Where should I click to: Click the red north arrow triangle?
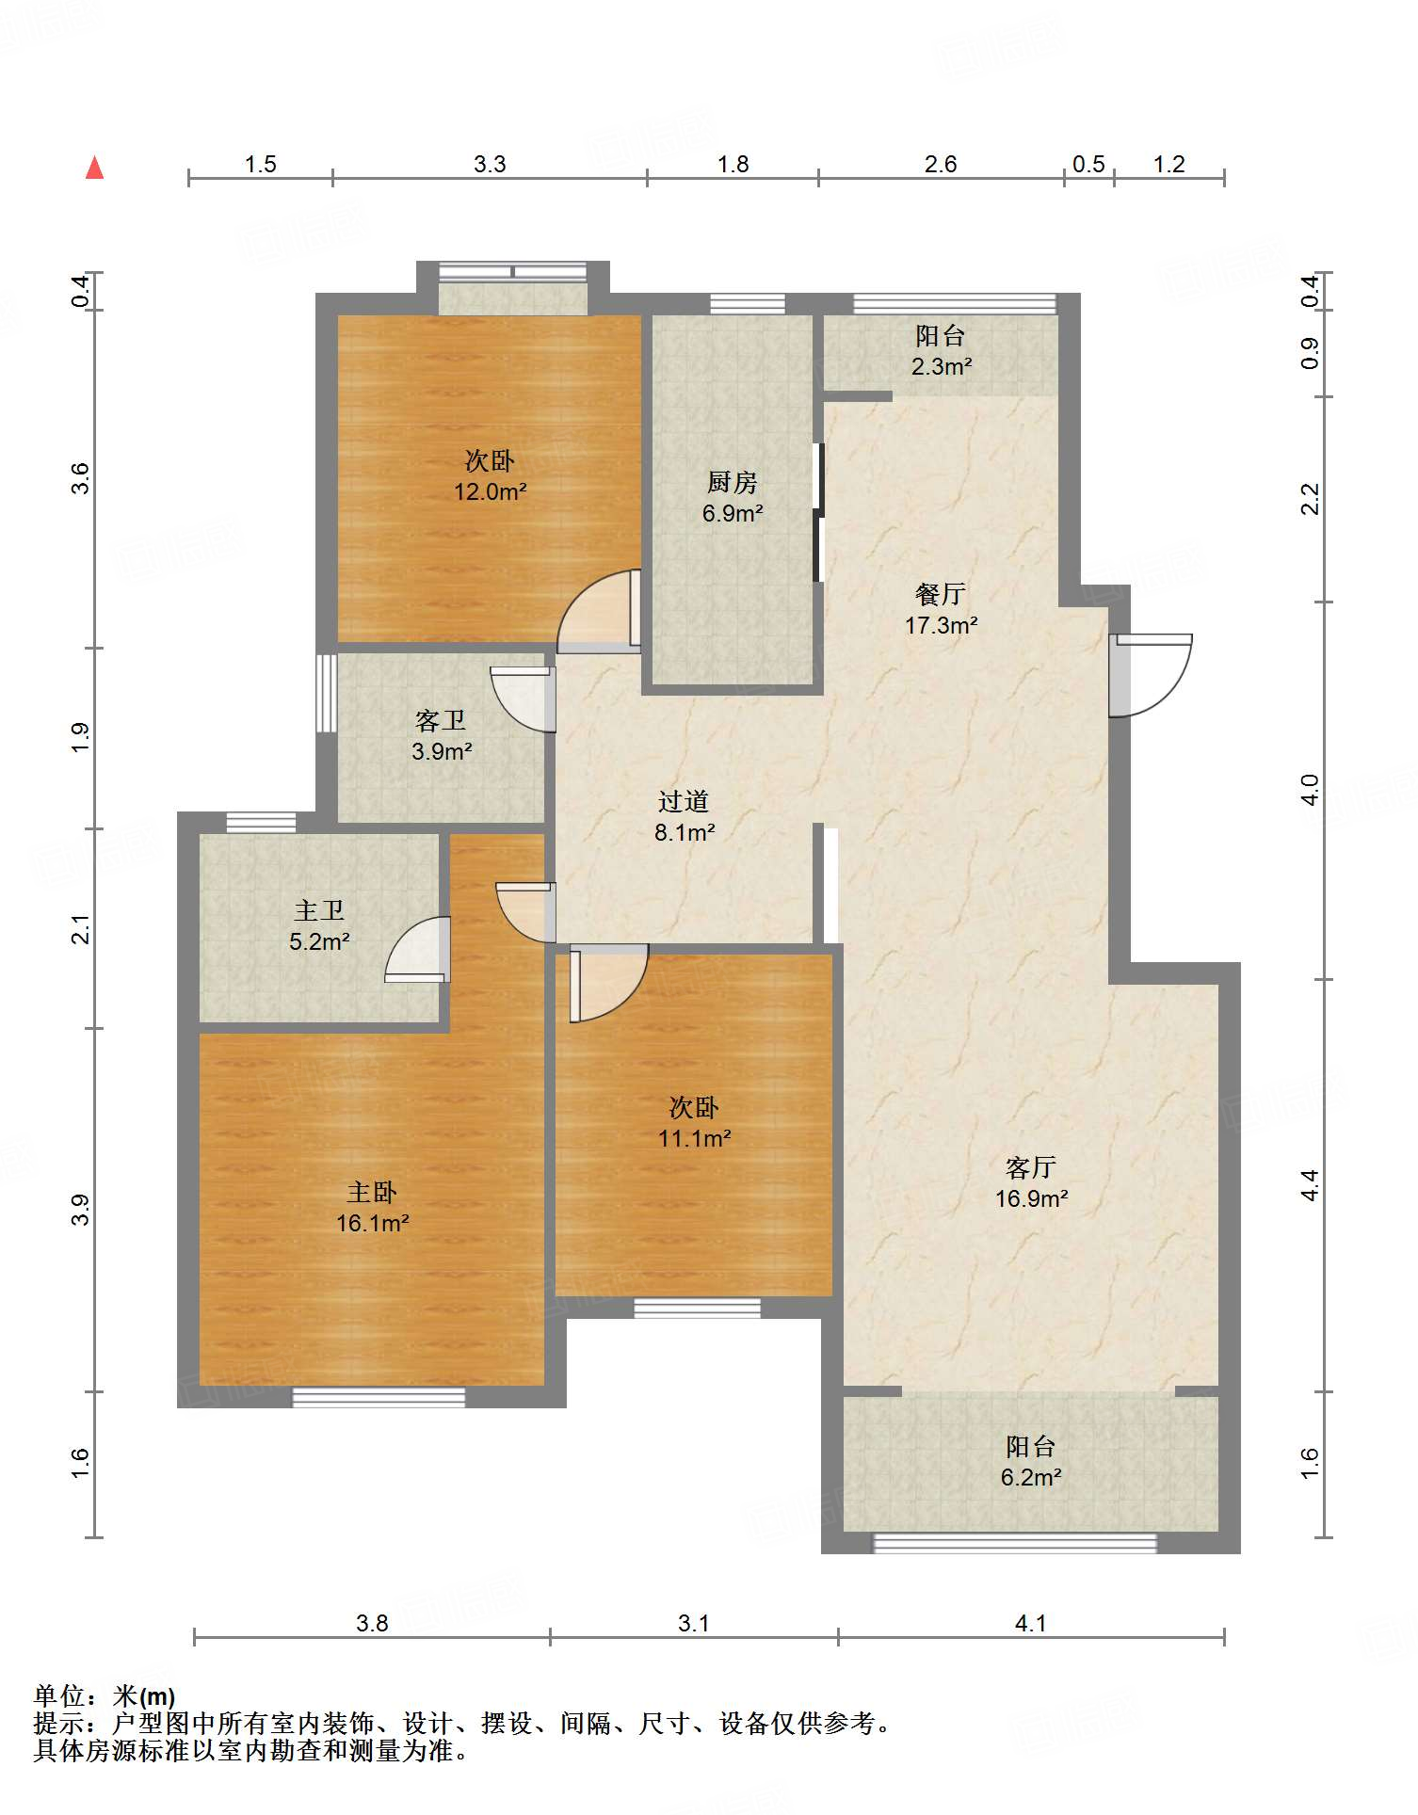pos(94,168)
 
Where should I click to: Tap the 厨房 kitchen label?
pos(732,482)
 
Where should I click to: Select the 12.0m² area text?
pos(490,491)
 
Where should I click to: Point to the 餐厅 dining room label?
pos(940,594)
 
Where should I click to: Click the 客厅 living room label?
pos(1031,1167)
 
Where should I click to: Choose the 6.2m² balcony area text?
pos(1031,1477)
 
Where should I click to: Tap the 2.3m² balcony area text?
pos(941,366)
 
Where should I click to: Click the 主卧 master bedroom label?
pos(371,1193)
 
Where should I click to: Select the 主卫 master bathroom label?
pos(319,910)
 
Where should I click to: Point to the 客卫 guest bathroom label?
pos(441,720)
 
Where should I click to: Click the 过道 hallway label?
pos(684,801)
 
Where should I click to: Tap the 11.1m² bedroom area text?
pos(694,1138)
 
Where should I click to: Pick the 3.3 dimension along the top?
pos(490,165)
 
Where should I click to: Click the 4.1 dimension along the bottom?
pos(1031,1623)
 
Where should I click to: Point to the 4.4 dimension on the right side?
pos(1310,1185)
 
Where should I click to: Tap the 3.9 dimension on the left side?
pos(81,1209)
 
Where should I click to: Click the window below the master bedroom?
pos(379,1398)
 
